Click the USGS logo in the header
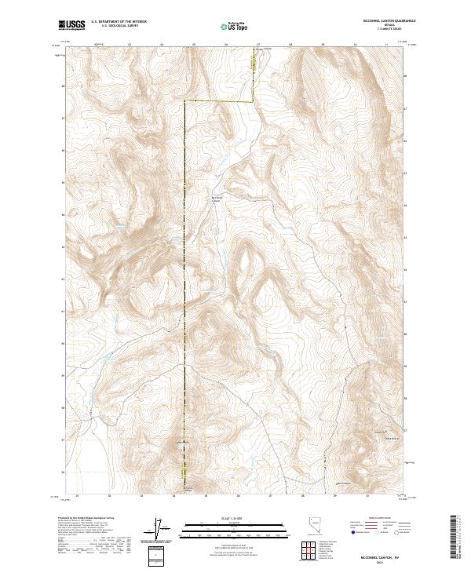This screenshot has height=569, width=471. point(72,26)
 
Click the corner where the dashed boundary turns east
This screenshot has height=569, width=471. point(185,101)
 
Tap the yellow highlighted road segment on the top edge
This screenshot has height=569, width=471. point(254,59)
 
